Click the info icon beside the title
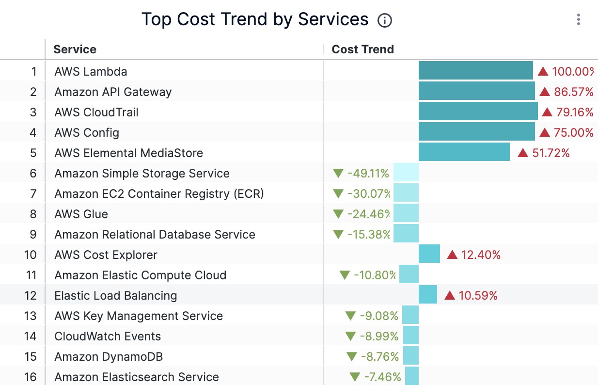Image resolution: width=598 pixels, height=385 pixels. click(385, 20)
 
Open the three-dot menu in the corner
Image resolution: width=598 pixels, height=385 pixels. click(578, 19)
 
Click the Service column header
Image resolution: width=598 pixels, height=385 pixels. click(75, 49)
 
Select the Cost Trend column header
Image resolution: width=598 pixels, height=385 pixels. click(362, 49)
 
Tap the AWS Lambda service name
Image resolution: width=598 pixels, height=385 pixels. click(91, 72)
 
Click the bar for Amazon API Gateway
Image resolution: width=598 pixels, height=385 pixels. click(476, 91)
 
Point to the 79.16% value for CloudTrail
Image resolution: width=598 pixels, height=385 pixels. click(575, 112)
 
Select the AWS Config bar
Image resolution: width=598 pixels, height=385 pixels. click(476, 132)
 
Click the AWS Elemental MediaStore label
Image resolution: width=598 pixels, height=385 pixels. click(128, 153)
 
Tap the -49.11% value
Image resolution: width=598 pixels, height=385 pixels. click(368, 174)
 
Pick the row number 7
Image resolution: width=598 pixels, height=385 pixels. click(33, 194)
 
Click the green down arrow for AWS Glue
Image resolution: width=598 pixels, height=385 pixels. click(338, 214)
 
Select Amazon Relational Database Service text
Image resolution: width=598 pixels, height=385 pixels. click(155, 235)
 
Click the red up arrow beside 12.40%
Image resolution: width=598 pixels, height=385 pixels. click(452, 255)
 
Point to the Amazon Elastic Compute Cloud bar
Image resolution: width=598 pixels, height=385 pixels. click(409, 275)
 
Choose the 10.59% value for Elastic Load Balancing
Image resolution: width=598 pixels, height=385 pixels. click(478, 296)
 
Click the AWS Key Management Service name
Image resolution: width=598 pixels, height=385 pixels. click(139, 316)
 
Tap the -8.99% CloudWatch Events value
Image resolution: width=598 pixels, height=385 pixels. click(379, 337)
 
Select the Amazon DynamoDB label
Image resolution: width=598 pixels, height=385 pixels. click(109, 357)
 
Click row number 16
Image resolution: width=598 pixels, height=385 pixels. click(30, 377)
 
